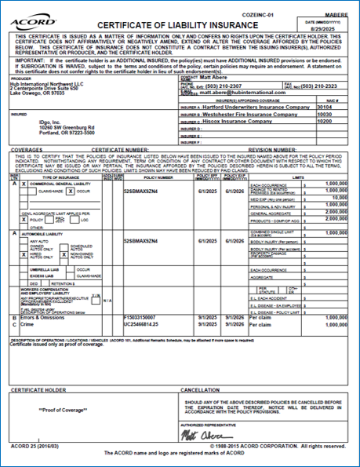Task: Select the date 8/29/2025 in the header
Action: click(x=333, y=24)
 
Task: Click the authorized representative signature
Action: click(x=199, y=432)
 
